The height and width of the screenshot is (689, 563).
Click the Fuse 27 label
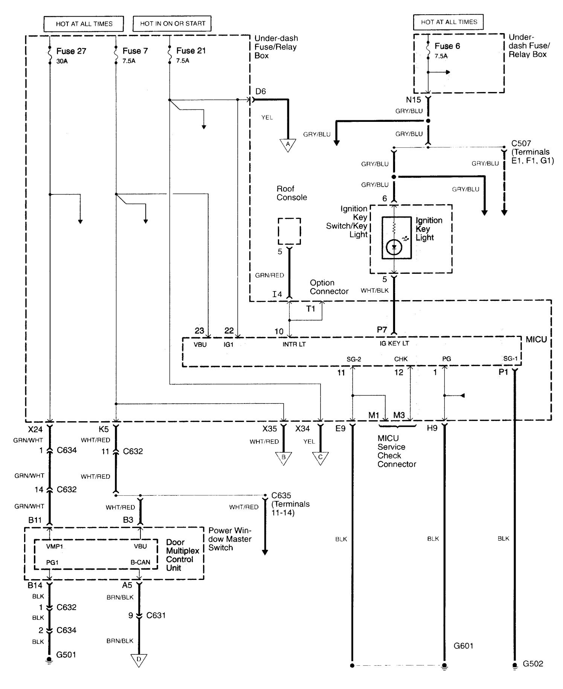tap(71, 51)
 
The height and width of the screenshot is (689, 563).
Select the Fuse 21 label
tap(191, 51)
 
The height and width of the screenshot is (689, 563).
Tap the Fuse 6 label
tap(447, 46)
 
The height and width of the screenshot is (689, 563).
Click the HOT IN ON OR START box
tap(172, 24)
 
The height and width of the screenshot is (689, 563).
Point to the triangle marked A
tap(288, 145)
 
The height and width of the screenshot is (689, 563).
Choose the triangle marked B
tap(284, 458)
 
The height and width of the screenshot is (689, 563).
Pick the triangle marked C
tap(320, 458)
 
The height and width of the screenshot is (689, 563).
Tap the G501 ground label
tap(66, 655)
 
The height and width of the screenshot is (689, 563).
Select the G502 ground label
tap(533, 664)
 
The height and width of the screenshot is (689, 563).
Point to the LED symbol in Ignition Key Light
tap(394, 247)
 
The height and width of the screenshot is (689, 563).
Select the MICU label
tap(536, 340)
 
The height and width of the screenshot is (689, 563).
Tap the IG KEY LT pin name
tap(394, 343)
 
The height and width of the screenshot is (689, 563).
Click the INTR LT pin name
tap(294, 344)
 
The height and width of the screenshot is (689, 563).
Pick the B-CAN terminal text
tap(140, 563)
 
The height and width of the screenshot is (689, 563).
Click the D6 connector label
tap(260, 91)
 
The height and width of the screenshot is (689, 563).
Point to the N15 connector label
tap(413, 100)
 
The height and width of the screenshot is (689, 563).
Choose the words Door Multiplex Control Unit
tap(182, 555)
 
